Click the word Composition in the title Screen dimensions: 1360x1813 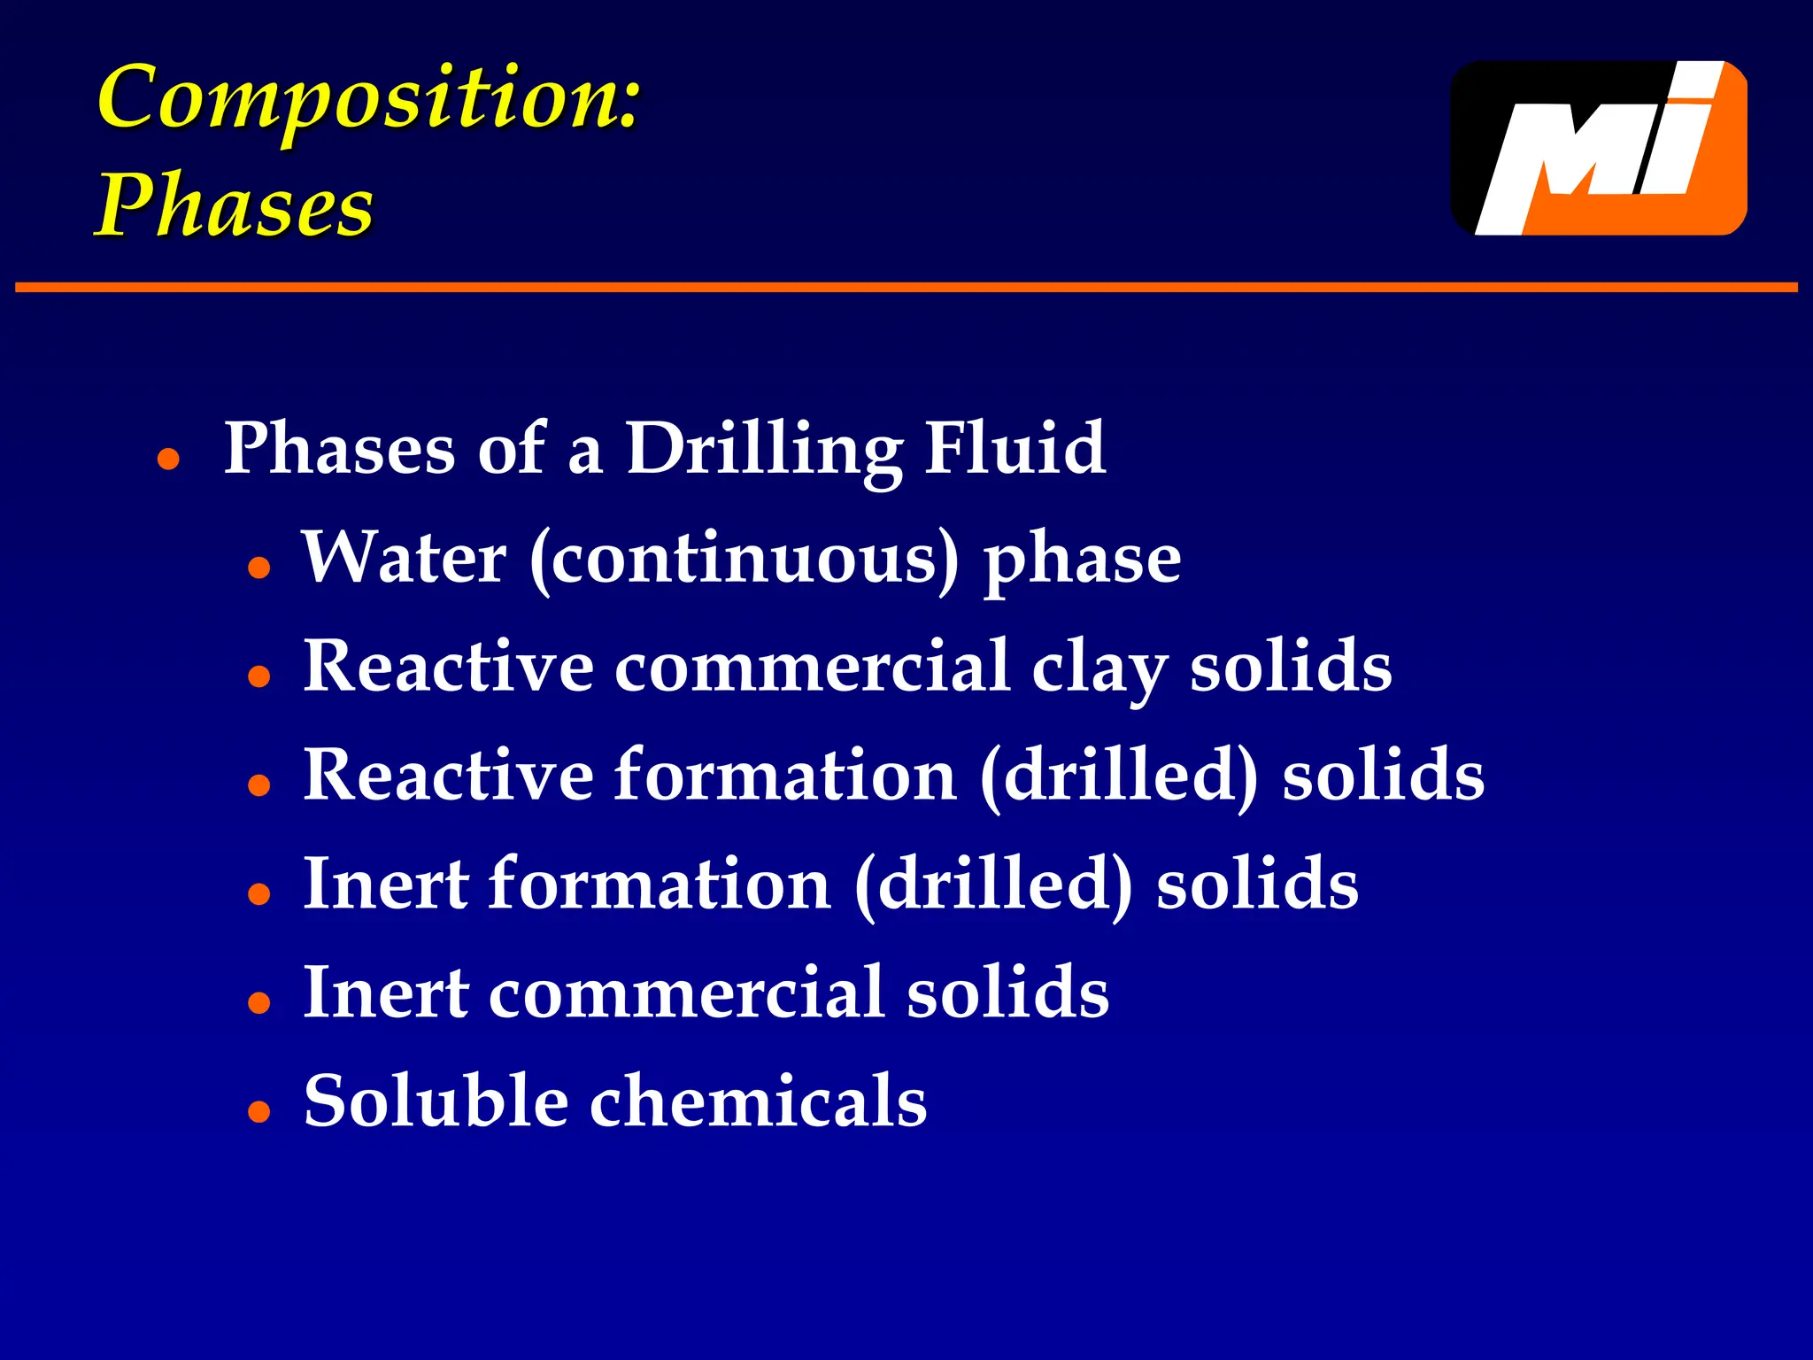click(x=367, y=99)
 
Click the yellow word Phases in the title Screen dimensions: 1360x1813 click(x=235, y=205)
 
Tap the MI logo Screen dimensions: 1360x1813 click(x=1599, y=148)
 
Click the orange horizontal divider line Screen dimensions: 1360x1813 click(x=906, y=287)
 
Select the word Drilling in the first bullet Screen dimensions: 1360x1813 click(x=763, y=450)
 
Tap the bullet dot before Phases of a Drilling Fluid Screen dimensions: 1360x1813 click(x=168, y=460)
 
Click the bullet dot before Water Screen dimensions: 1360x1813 click(x=258, y=568)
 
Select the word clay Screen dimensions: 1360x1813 click(x=1099, y=668)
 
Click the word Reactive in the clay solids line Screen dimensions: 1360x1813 click(x=448, y=667)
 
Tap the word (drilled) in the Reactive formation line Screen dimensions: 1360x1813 click(x=1119, y=777)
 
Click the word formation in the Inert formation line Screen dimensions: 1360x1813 click(x=660, y=885)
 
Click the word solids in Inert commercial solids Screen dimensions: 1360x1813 click(x=1007, y=993)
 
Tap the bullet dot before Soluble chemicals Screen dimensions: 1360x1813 click(x=258, y=1110)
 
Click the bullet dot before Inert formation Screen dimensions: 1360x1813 click(x=258, y=894)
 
